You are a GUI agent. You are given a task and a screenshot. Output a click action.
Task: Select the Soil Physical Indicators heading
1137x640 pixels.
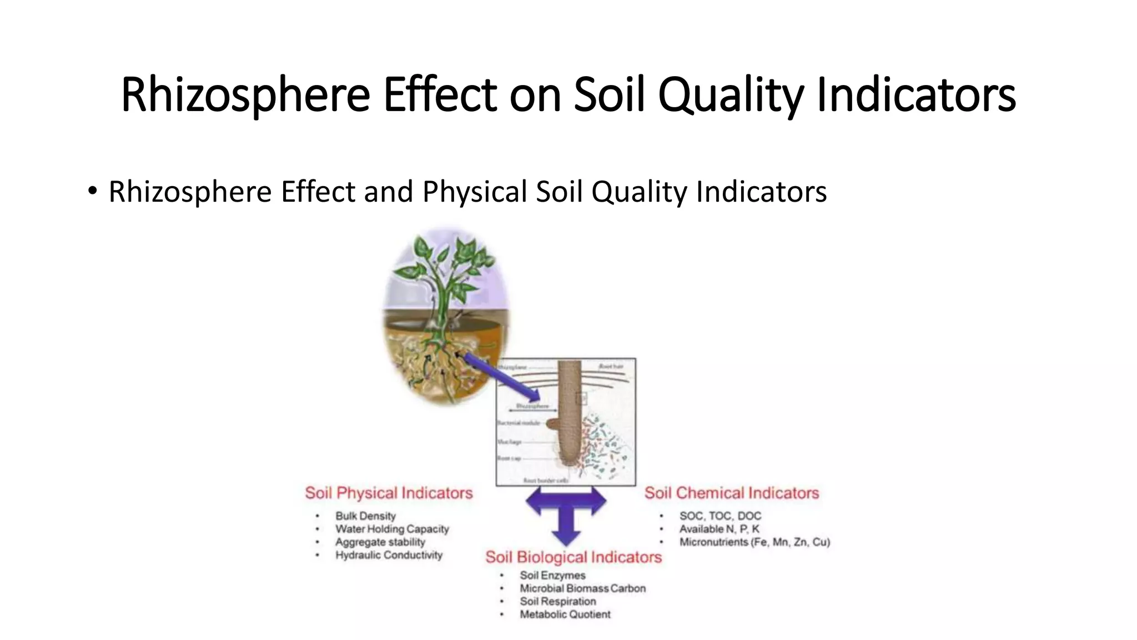[389, 493]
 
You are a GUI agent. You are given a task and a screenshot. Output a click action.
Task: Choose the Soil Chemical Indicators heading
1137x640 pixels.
[731, 493]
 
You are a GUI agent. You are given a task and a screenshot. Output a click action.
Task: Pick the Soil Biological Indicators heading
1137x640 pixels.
[573, 557]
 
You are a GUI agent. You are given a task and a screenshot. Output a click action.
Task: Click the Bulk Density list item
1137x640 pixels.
[365, 516]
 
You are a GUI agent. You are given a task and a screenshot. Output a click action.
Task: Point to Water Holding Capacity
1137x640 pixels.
[392, 529]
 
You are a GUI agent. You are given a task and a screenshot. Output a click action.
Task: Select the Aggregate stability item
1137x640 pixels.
[380, 542]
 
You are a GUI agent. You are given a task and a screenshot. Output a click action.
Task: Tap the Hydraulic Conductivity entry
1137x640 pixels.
[389, 555]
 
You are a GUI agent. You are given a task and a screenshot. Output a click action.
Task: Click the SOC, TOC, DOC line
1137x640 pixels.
[720, 516]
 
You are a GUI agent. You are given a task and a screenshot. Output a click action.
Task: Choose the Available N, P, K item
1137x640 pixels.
[719, 529]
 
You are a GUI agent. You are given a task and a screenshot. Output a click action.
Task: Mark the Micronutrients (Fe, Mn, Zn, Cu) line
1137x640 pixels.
[754, 542]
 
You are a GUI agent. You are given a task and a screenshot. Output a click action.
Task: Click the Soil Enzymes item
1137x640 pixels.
[552, 576]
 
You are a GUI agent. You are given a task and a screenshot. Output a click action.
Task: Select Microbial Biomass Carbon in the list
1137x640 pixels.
[582, 588]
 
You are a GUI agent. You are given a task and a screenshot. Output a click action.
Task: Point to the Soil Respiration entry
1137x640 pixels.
[557, 601]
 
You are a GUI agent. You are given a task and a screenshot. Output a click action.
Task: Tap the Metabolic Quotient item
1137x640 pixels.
[565, 614]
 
